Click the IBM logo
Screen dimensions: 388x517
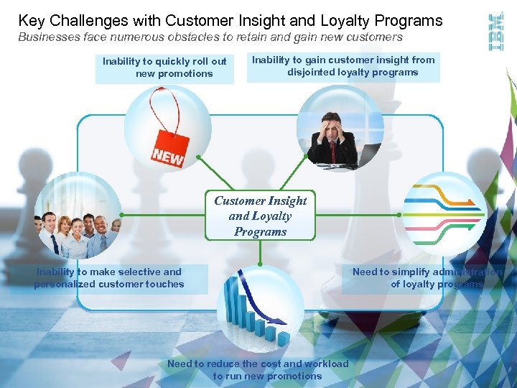(x=495, y=32)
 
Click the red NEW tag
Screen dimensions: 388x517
(x=169, y=149)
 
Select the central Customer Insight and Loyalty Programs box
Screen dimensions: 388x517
(x=260, y=216)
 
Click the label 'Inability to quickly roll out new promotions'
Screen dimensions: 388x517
(x=164, y=68)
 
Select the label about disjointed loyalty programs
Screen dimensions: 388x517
(x=343, y=66)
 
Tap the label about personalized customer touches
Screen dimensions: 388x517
(x=109, y=278)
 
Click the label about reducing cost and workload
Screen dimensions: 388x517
(x=258, y=369)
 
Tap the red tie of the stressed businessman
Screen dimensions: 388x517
(x=332, y=151)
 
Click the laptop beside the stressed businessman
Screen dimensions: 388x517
(x=369, y=154)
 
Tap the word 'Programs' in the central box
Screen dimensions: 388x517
(x=260, y=231)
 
